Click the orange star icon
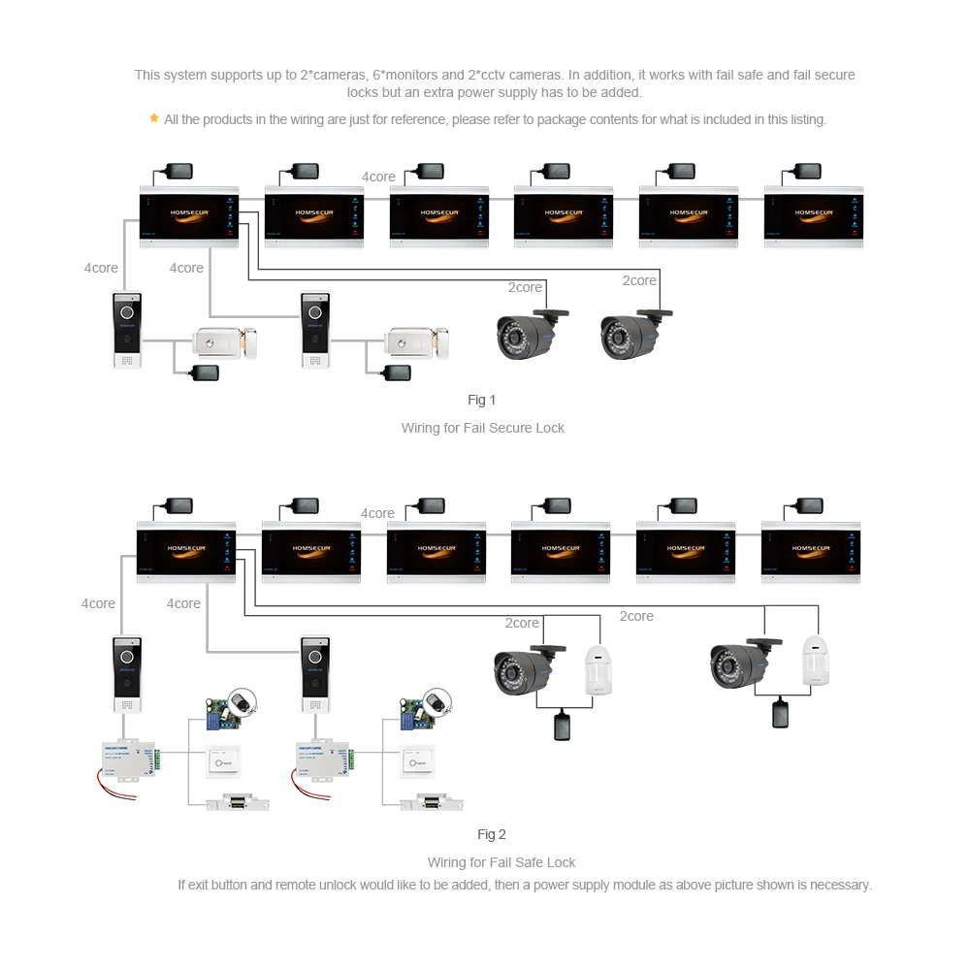153,118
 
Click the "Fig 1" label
481,400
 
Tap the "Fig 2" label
492,834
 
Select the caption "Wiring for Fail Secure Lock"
482,428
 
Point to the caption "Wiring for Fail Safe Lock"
501,862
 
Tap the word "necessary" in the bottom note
840,885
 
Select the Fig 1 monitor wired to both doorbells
189,215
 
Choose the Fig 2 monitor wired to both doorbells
186,551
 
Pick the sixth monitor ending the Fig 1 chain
813,215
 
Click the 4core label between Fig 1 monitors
378,177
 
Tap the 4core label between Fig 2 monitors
377,513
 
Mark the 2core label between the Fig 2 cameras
636,616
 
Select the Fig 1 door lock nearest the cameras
417,341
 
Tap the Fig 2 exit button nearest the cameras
418,762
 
